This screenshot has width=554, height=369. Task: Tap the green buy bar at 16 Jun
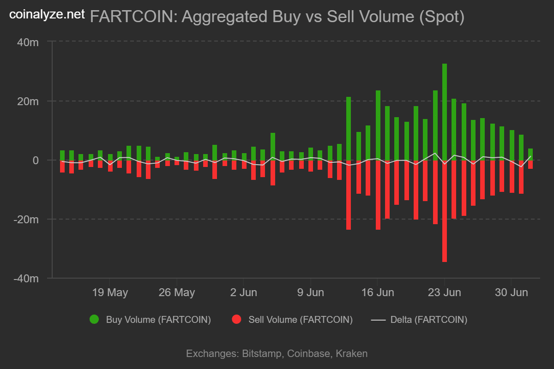(378, 125)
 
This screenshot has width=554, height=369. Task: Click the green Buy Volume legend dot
(95, 319)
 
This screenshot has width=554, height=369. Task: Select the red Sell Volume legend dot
(237, 319)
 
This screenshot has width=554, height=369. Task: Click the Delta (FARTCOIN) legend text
(428, 319)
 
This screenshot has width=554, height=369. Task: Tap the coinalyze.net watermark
(47, 14)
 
